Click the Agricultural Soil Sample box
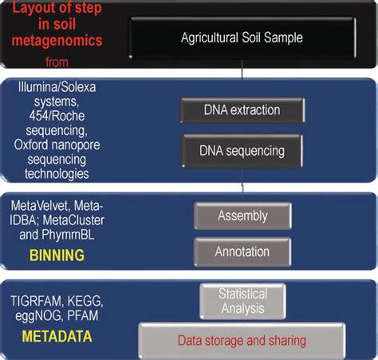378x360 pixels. pyautogui.click(x=242, y=38)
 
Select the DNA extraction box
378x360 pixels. pyautogui.click(x=242, y=110)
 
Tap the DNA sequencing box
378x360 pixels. pyautogui.click(x=242, y=151)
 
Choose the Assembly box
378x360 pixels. pyautogui.click(x=242, y=216)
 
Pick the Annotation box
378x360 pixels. pyautogui.click(x=242, y=252)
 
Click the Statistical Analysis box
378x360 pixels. pyautogui.click(x=242, y=301)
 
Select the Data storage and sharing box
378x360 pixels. pyautogui.click(x=242, y=341)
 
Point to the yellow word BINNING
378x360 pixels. pyautogui.click(x=57, y=255)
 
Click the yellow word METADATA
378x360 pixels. pyautogui.click(x=57, y=336)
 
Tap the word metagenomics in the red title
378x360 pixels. pyautogui.click(x=57, y=41)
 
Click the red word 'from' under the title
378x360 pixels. pyautogui.click(x=57, y=62)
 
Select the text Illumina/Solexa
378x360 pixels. pyautogui.click(x=57, y=87)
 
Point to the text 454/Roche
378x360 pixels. pyautogui.click(x=57, y=116)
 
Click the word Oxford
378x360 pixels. pyautogui.click(x=31, y=145)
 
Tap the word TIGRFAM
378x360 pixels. pyautogui.click(x=36, y=302)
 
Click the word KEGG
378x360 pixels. pyautogui.click(x=85, y=302)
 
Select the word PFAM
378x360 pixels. pyautogui.click(x=83, y=315)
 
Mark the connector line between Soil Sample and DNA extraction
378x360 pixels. pyautogui.click(x=242, y=79)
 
